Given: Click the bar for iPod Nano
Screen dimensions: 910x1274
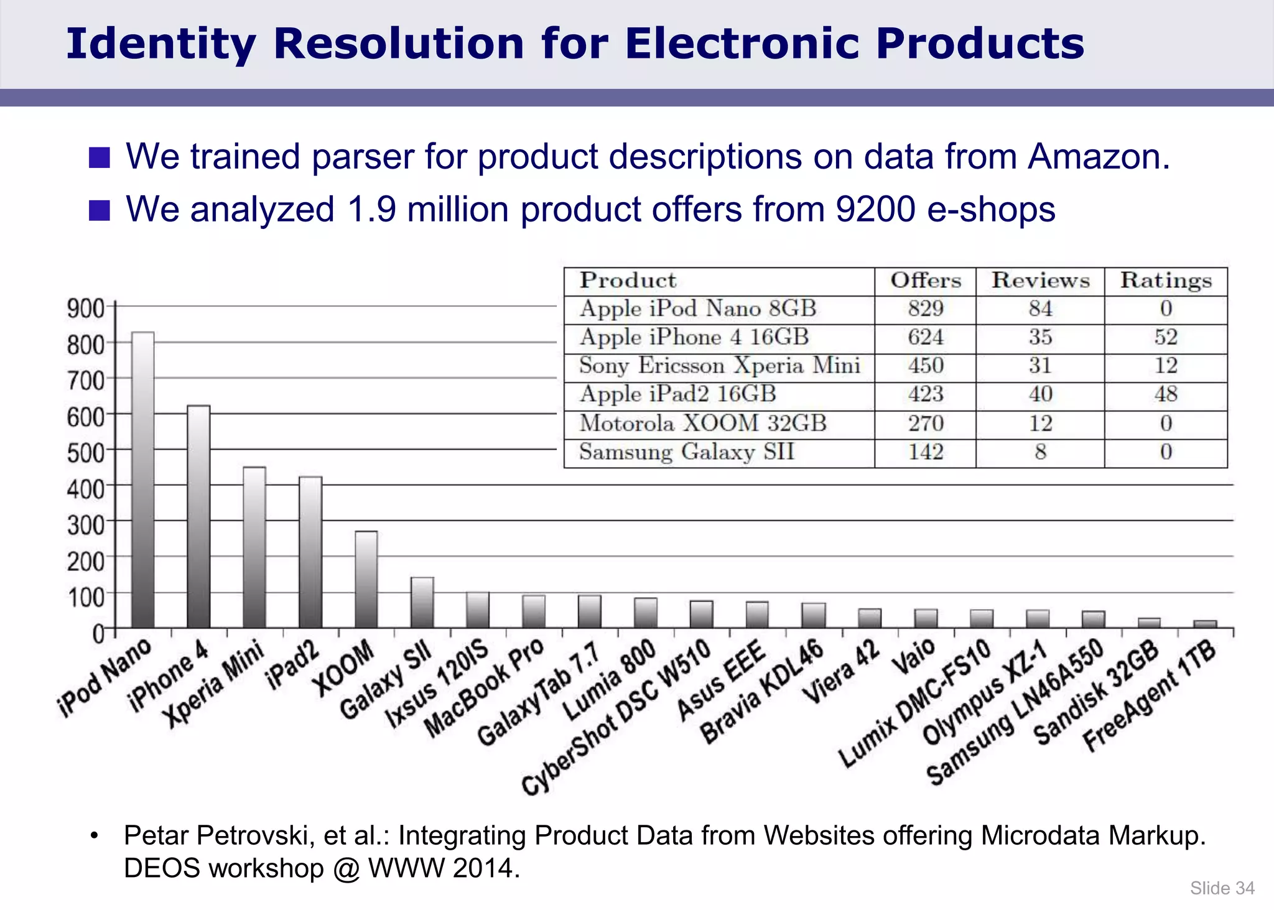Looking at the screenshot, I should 143,479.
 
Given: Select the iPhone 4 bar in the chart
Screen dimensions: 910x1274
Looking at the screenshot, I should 198,516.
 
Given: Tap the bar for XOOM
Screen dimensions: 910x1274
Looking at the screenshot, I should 366,578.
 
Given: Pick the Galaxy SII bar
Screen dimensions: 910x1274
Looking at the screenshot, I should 422,602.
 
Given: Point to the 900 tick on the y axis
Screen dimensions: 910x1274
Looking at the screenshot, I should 85,308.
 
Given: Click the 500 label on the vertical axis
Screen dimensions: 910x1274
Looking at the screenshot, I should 85,452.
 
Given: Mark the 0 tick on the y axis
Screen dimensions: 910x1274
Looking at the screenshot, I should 98,634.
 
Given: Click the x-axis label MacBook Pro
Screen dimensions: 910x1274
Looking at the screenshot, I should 484,687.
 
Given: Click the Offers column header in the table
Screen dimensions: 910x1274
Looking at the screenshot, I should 925,281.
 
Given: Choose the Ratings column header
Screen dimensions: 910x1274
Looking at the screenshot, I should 1166,281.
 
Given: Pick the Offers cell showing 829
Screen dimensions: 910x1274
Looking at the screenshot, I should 925,309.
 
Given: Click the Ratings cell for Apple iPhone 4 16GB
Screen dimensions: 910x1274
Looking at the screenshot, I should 1166,338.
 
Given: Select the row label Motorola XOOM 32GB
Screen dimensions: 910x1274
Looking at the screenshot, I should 703,424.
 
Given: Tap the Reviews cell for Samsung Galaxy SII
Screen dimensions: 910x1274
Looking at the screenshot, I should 1040,452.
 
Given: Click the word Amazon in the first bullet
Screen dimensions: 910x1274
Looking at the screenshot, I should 1099,157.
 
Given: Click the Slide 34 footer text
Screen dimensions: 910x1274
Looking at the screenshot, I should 1222,888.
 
